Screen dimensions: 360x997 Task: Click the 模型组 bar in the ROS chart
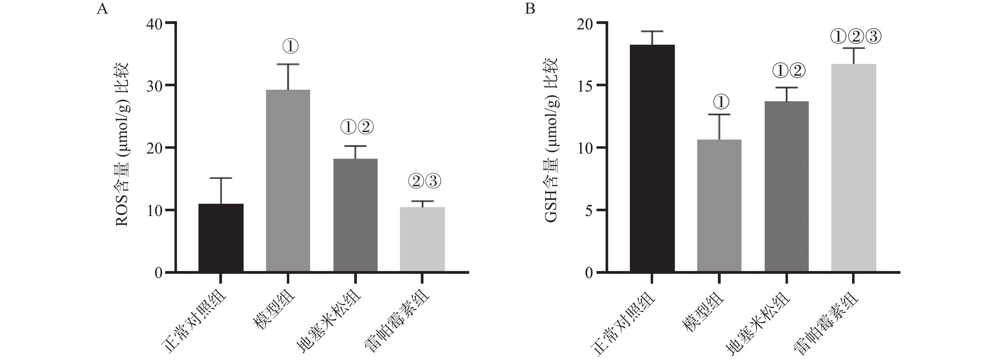(x=288, y=180)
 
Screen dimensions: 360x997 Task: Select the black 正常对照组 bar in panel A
(x=221, y=238)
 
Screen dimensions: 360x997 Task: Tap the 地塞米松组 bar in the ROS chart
(x=355, y=215)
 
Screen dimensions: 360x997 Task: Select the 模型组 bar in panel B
(x=719, y=205)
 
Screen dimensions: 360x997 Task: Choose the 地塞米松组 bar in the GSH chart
(x=787, y=186)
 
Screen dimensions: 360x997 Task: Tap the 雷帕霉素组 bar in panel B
(x=854, y=167)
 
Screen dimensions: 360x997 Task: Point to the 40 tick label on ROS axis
(x=154, y=24)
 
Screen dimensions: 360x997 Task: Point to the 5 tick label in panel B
(x=589, y=211)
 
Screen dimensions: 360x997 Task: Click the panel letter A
(x=102, y=9)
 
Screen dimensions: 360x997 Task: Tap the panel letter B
(x=530, y=9)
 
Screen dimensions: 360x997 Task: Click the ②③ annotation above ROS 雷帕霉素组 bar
(x=424, y=181)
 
